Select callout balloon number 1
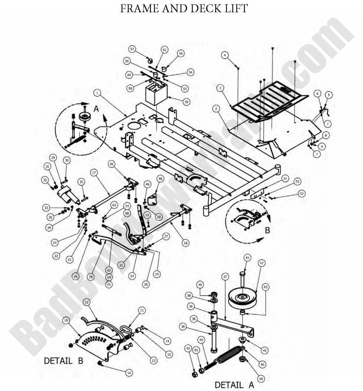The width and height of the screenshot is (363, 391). pos(97,92)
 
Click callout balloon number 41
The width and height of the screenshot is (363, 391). pos(247,257)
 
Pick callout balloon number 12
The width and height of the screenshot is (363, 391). pos(86,302)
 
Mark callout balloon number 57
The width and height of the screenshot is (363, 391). pos(132,49)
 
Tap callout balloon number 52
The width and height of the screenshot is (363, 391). pos(302,193)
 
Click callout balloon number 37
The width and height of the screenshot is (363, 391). pos(225,276)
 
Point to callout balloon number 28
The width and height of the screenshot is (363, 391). pos(91,276)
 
